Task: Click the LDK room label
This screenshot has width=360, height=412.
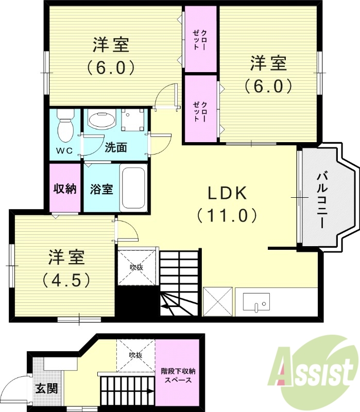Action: (x=228, y=193)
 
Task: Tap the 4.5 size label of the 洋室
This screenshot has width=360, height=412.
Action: (x=68, y=280)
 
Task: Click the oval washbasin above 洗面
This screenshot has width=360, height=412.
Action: (x=102, y=121)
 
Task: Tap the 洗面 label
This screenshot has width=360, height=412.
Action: (x=115, y=148)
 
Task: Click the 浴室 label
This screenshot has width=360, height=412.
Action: (x=101, y=189)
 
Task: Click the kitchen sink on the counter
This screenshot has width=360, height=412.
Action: (x=256, y=301)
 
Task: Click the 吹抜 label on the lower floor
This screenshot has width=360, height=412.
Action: (x=135, y=355)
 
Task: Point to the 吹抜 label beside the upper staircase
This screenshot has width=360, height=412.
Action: (x=135, y=267)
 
